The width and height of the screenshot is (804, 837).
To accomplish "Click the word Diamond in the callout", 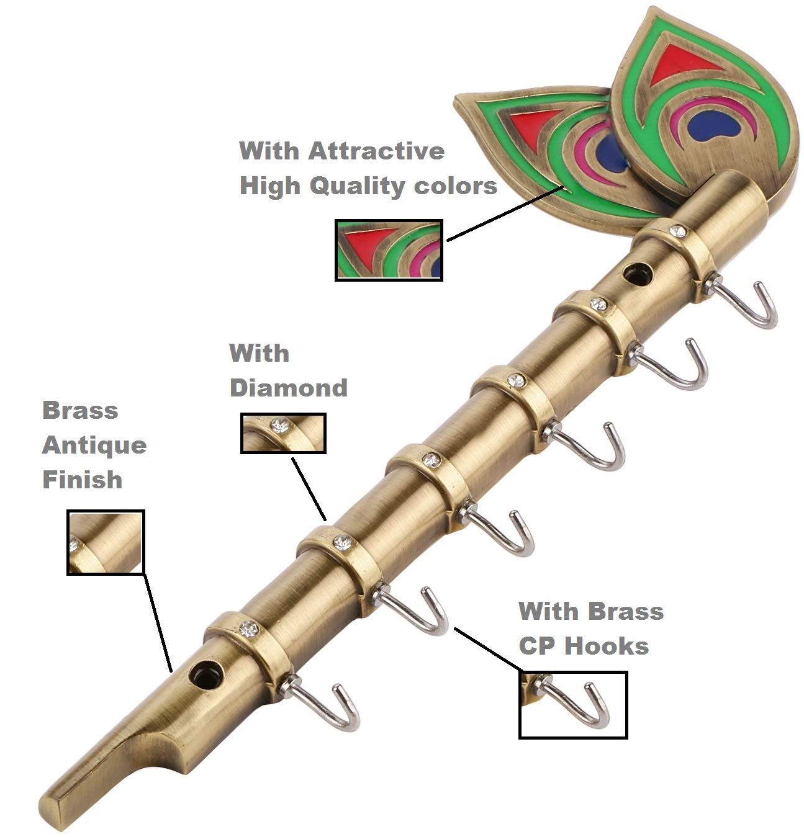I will [x=288, y=388].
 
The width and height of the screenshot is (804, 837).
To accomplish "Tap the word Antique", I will [x=94, y=445].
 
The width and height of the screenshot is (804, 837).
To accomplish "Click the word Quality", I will [x=359, y=186].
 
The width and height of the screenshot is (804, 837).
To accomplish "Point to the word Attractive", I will [x=376, y=151].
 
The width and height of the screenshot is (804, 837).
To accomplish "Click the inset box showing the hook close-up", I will [x=572, y=704].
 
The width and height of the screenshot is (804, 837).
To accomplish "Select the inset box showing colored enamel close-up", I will [x=389, y=250].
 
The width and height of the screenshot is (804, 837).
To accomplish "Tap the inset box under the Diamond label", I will [x=283, y=433].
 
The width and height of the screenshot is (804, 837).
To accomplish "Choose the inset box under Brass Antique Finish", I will [x=106, y=542].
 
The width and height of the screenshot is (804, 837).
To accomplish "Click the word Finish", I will [x=82, y=480].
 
